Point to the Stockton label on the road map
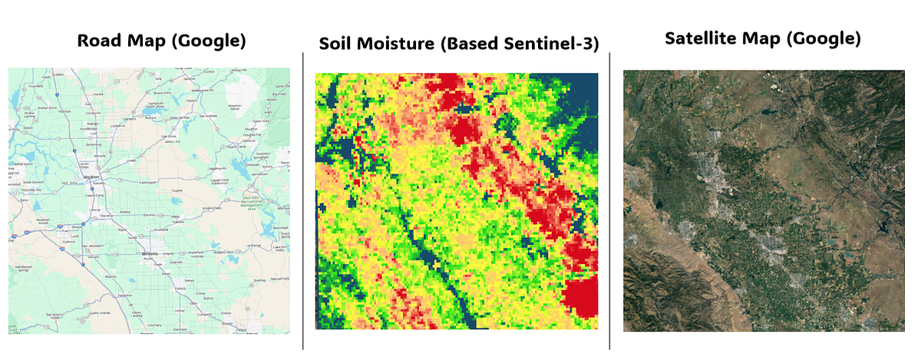coord(92,176)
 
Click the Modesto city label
coord(150,253)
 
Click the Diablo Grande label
coord(87,313)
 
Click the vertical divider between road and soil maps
coord(303,200)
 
